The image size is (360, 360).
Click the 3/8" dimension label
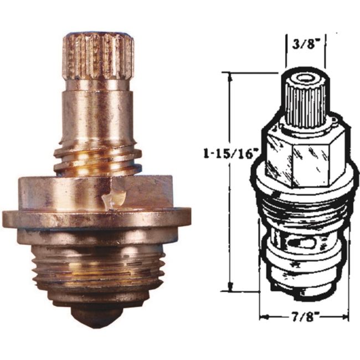pyautogui.click(x=304, y=44)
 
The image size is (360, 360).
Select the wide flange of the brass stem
pyautogui.click(x=96, y=217)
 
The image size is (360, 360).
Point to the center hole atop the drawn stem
pyautogui.click(x=304, y=78)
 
